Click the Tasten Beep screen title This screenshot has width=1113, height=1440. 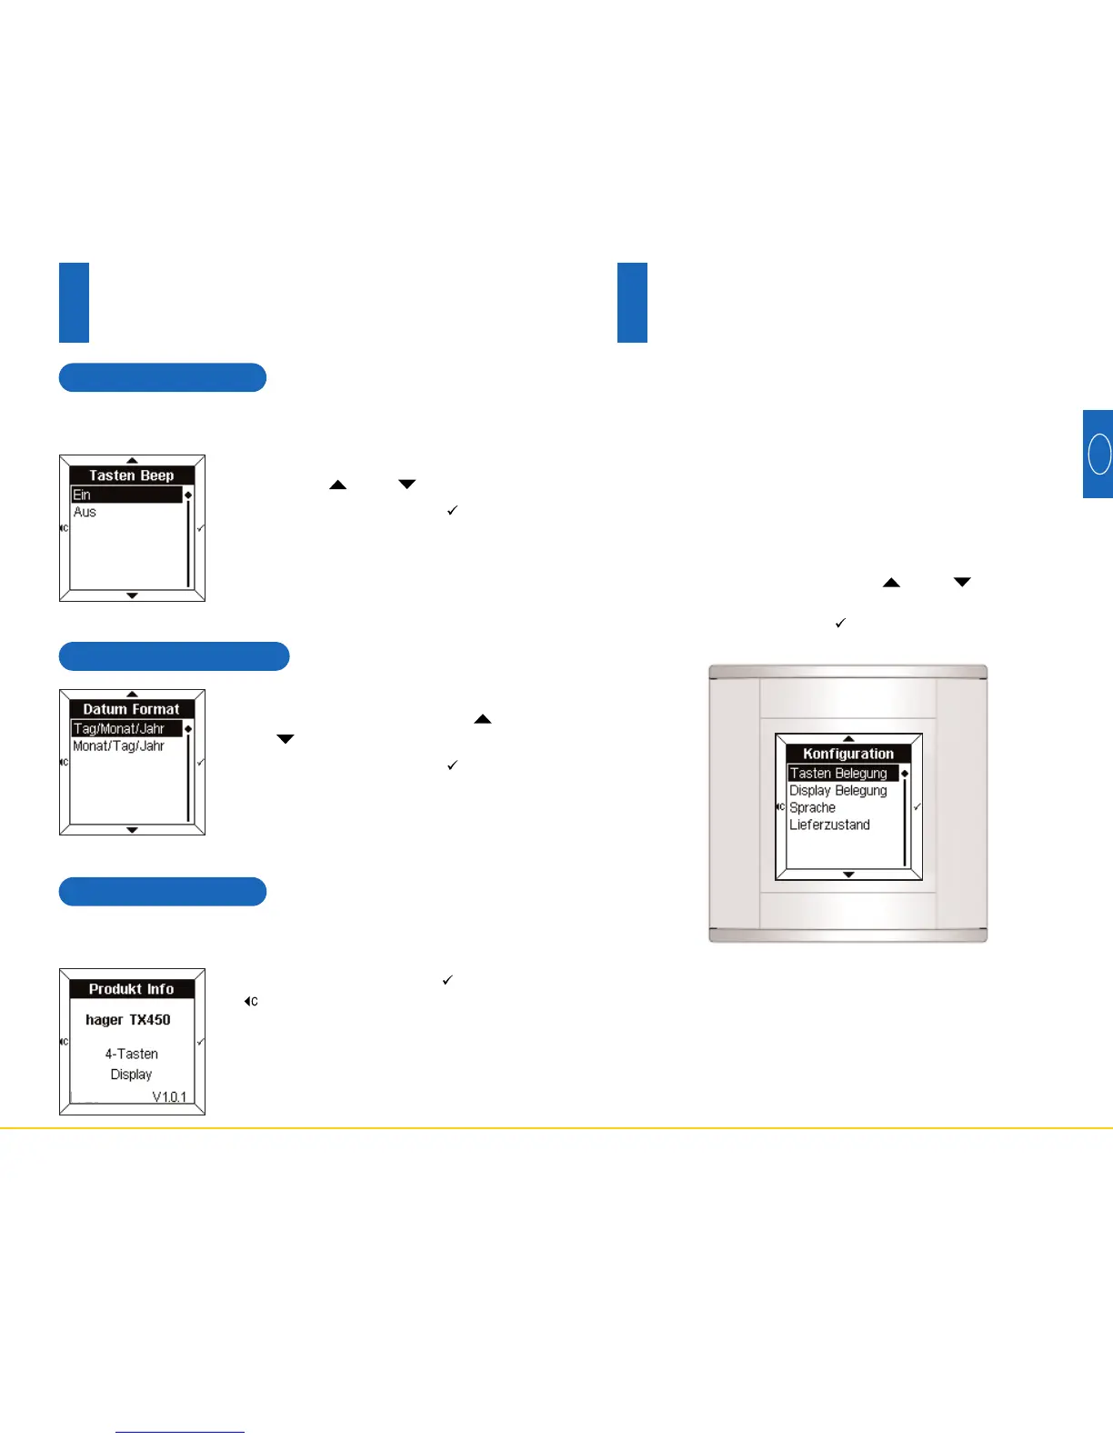tap(132, 475)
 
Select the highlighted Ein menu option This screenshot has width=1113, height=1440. tap(82, 495)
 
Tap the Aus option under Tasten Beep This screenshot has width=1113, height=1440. tap(85, 512)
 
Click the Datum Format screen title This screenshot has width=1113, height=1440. tap(132, 709)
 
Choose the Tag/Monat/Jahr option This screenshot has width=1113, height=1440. tap(119, 729)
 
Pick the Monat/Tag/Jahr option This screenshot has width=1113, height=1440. tap(119, 746)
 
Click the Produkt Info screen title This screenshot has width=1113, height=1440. tap(132, 989)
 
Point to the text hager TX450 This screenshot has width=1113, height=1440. tap(128, 1020)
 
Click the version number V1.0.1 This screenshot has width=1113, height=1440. tap(169, 1096)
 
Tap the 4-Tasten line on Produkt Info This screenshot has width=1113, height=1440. tap(132, 1054)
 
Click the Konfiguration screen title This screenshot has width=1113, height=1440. tap(848, 754)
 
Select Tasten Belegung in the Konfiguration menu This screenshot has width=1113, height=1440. tap(838, 774)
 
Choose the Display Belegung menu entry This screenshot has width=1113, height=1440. tap(838, 791)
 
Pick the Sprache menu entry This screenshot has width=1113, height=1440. tap(813, 808)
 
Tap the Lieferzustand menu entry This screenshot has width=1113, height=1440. tap(830, 825)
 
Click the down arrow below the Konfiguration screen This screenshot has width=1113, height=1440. tap(848, 875)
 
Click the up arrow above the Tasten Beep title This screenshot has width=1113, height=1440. tap(132, 461)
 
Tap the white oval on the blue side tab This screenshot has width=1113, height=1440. tap(1099, 454)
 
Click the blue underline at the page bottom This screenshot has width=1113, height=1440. tap(180, 1432)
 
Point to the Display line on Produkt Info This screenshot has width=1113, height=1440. tap(132, 1075)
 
